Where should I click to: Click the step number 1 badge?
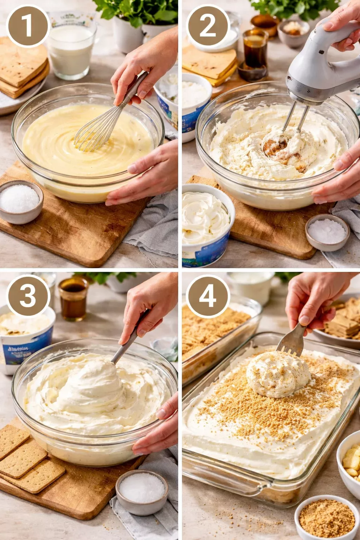tap(27, 26)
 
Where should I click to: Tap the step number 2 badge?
tap(208, 26)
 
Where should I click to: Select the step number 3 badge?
tap(27, 296)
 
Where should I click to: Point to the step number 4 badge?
tap(208, 296)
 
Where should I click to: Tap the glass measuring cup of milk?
tap(71, 49)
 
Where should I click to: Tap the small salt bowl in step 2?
tap(327, 232)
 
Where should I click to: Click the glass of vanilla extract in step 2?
tap(255, 53)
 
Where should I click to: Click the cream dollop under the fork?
tap(278, 374)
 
